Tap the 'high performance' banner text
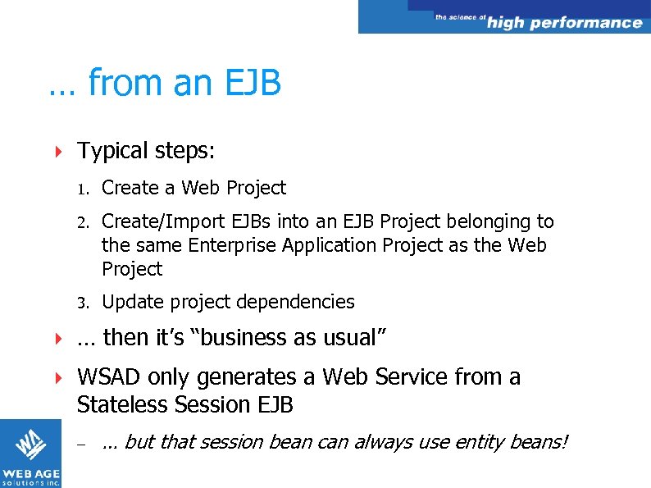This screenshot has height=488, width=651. [564, 23]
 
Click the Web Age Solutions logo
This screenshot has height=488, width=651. [30, 453]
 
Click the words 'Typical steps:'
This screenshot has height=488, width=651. [146, 152]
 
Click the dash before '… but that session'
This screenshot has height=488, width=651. [81, 444]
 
